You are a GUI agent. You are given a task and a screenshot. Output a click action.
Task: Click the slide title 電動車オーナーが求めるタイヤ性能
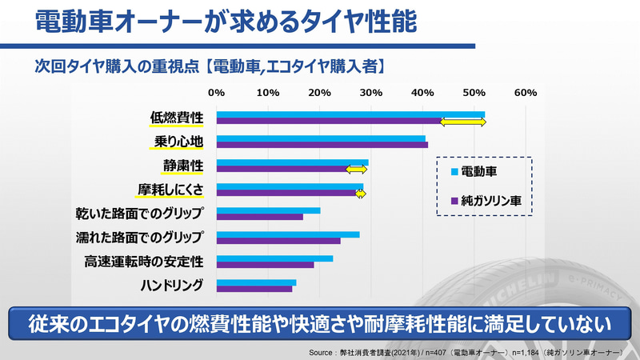(x=226, y=22)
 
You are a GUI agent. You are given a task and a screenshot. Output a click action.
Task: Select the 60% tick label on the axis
(x=525, y=93)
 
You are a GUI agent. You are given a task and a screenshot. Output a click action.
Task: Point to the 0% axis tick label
(x=216, y=93)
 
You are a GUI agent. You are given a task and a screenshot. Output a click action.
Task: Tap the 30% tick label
(x=370, y=93)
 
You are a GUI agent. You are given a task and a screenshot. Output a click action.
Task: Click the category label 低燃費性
(x=177, y=118)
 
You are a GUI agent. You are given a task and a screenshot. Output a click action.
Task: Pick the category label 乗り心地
(x=178, y=142)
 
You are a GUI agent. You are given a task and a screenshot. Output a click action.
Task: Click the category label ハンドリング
(x=171, y=285)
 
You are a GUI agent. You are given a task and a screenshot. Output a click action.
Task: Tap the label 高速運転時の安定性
(x=144, y=261)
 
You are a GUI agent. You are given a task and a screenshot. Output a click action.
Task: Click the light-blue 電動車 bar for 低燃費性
(x=350, y=114)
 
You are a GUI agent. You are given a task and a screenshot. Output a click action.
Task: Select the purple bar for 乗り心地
(x=322, y=146)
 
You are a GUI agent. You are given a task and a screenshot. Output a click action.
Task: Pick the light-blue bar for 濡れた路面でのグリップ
(x=288, y=234)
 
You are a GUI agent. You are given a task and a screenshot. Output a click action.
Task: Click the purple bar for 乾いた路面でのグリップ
(x=260, y=217)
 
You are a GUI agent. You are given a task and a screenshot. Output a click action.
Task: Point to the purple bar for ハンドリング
(x=254, y=288)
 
